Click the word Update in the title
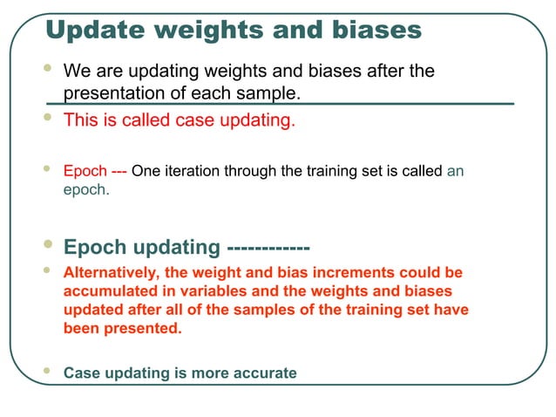91,31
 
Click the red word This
79,120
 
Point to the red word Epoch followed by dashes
85,171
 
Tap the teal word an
455,171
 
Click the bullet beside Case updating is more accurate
49,371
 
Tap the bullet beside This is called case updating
49,118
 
